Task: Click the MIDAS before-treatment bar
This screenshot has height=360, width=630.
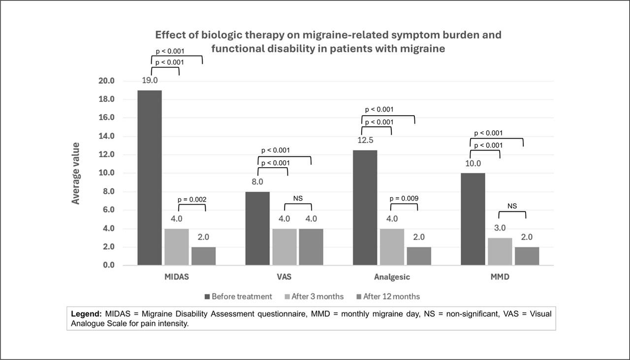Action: tap(150, 178)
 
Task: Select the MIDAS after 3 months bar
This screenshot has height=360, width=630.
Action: tap(176, 247)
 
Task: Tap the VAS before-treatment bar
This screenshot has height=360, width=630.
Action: tap(257, 228)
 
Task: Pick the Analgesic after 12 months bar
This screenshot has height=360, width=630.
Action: tap(419, 256)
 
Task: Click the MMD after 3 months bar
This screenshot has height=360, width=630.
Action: tap(500, 251)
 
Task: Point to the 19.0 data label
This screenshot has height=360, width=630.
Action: tap(150, 80)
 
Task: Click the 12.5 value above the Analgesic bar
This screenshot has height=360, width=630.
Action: tap(365, 141)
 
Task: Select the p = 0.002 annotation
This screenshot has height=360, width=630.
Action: tap(192, 199)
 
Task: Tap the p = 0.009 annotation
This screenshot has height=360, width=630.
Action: tap(404, 199)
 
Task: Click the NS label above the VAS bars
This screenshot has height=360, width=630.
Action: tap(298, 198)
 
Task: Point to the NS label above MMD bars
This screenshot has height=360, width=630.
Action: tap(512, 206)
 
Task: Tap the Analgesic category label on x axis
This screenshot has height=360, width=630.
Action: tap(392, 277)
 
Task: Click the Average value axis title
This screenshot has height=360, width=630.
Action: tap(76, 173)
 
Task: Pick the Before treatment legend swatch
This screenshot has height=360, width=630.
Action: tap(208, 297)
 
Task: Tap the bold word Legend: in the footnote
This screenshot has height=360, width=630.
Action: tap(86, 313)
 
